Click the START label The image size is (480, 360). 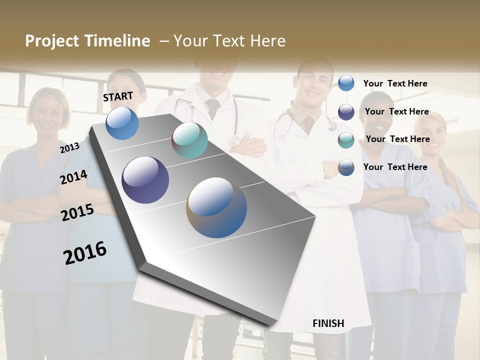[118, 96]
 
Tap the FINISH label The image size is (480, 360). [328, 323]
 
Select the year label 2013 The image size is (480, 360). [69, 147]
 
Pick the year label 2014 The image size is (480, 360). [73, 177]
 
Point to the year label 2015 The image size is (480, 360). [77, 212]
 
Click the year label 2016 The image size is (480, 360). [85, 253]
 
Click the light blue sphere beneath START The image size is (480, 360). [122, 123]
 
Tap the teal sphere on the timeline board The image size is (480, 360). [189, 140]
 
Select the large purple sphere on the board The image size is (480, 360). [145, 180]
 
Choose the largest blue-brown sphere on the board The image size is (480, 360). [216, 207]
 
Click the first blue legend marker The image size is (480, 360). [346, 83]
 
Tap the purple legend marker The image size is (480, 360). [346, 112]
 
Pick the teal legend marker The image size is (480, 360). [346, 140]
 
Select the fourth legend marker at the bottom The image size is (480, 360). [346, 167]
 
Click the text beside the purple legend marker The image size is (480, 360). [396, 111]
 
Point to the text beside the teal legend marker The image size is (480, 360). [397, 139]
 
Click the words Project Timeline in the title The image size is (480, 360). [87, 41]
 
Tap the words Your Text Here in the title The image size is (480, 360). [229, 41]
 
